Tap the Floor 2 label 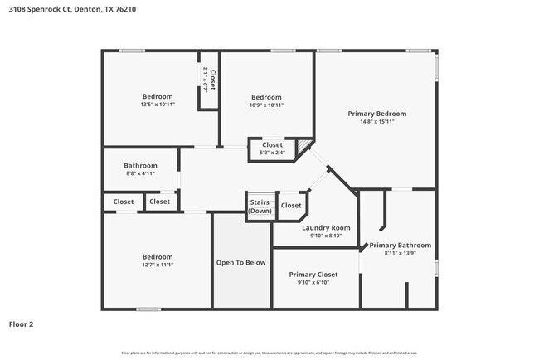click(x=22, y=324)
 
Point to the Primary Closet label click(x=313, y=274)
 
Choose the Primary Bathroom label click(x=400, y=245)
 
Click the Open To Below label click(x=241, y=262)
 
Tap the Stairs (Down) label click(x=260, y=205)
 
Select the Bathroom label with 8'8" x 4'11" click(x=140, y=164)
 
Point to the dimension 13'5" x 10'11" click(x=157, y=105)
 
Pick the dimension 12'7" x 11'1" click(x=157, y=265)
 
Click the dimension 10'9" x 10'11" click(x=266, y=105)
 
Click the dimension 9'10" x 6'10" click(x=313, y=282)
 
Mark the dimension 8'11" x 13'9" click(x=400, y=253)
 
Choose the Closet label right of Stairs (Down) click(x=291, y=205)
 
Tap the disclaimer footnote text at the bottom click(x=269, y=352)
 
